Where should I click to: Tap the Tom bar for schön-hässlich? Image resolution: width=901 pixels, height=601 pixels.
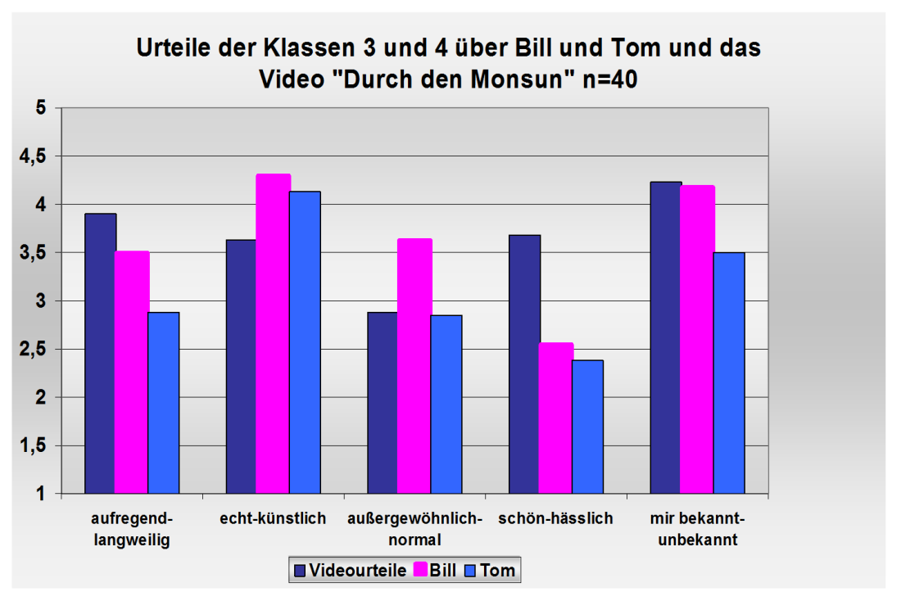587,427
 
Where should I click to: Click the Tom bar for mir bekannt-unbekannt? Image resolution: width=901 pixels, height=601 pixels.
729,373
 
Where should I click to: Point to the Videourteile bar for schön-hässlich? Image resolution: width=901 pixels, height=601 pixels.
525,364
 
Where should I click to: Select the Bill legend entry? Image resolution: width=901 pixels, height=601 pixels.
437,571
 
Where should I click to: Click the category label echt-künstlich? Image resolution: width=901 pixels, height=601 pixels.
273,518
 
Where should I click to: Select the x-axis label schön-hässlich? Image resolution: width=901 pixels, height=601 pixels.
555,518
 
